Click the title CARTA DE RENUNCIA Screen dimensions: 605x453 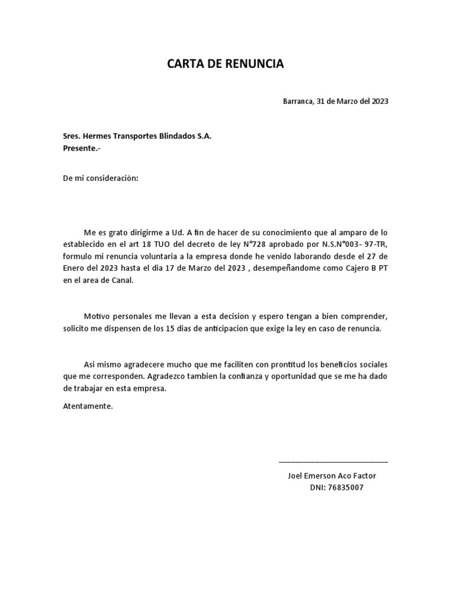pos(226,64)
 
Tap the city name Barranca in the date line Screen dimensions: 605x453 pos(298,101)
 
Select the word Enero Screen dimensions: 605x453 pos(74,268)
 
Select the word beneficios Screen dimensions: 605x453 pos(336,364)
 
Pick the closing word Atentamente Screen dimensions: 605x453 pos(87,406)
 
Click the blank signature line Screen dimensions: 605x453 pos(333,461)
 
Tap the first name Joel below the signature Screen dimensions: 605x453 pos(295,476)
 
